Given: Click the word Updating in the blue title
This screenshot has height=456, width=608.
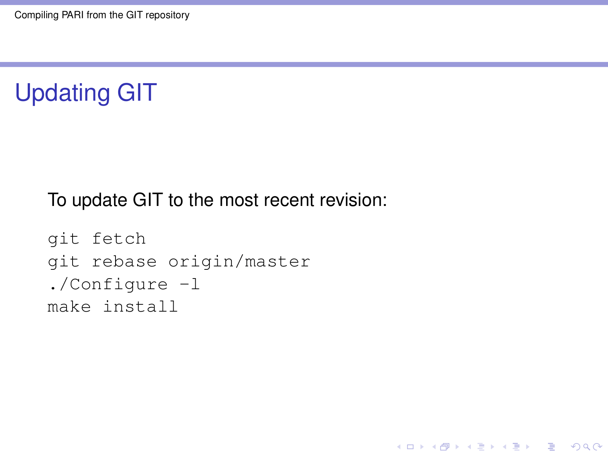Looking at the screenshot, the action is (x=62, y=93).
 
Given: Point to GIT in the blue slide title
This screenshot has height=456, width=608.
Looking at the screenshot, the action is (x=137, y=92).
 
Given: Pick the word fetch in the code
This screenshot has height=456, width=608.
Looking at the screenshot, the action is (x=119, y=238).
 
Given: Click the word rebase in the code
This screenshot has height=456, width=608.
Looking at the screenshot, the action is (x=124, y=261).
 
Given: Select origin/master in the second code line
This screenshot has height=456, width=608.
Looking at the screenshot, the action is (x=239, y=262).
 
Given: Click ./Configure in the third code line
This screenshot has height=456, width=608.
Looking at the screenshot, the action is (x=108, y=285).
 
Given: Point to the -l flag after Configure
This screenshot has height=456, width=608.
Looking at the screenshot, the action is (x=190, y=284).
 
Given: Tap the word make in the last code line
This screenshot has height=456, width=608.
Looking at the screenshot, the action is (x=69, y=307).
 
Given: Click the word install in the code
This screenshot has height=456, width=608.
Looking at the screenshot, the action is (x=140, y=307).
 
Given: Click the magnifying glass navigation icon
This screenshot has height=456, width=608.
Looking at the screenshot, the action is (x=586, y=447).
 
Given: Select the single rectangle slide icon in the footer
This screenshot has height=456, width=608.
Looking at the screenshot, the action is (x=410, y=447).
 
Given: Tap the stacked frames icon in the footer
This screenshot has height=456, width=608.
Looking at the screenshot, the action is (x=445, y=447).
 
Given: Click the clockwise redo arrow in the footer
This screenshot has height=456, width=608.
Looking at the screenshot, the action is (x=597, y=446).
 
